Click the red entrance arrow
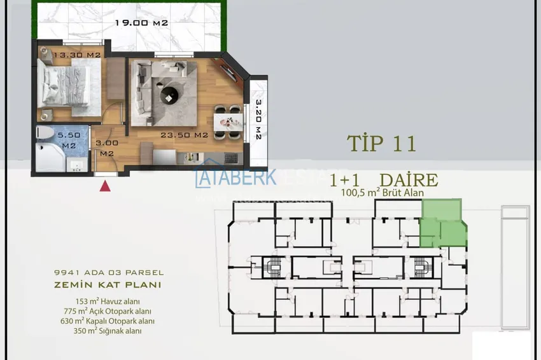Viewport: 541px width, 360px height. point(106,186)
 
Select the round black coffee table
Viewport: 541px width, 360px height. point(170,95)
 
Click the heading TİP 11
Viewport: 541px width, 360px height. point(381,143)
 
